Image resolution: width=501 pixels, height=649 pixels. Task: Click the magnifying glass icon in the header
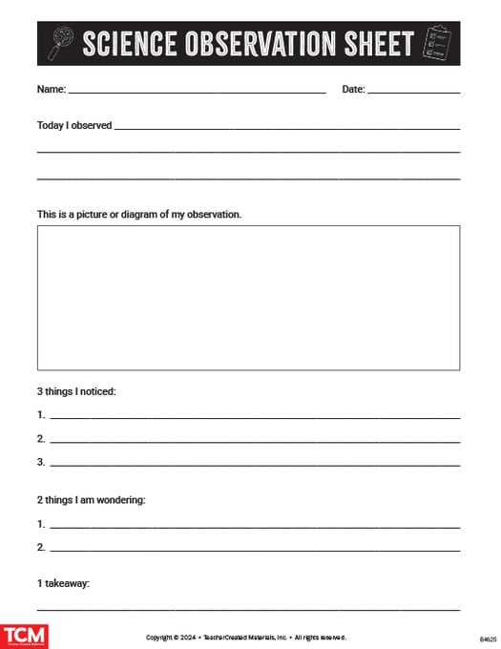tap(60, 43)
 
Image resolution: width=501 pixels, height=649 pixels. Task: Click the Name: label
tap(52, 89)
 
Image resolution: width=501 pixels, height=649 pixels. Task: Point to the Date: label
tap(353, 89)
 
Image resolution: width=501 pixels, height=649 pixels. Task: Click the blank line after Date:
tap(413, 92)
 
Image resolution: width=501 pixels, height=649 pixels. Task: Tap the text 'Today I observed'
tap(74, 125)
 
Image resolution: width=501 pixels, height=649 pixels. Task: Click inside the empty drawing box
tap(248, 297)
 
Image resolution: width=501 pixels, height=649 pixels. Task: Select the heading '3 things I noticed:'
tap(76, 391)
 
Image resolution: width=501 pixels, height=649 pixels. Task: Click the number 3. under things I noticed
tap(41, 462)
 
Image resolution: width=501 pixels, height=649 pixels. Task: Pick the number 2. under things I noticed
tap(41, 438)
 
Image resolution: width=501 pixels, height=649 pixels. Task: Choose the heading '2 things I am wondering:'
tap(91, 499)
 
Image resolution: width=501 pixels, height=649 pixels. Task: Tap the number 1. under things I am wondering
tap(41, 524)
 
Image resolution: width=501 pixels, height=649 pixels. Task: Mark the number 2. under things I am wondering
tap(41, 547)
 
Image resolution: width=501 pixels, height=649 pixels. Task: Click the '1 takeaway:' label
tap(63, 583)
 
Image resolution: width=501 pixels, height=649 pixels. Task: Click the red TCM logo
tap(24, 637)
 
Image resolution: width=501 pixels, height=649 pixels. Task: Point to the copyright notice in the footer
tap(246, 637)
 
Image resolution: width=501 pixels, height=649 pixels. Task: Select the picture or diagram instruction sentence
tap(139, 214)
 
